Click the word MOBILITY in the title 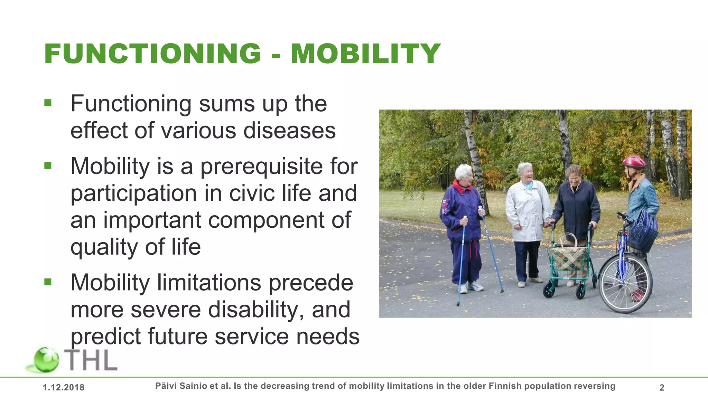(365, 54)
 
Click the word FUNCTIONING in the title (152, 54)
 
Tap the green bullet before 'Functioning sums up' (48, 103)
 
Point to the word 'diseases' (289, 131)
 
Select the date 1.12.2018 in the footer (64, 388)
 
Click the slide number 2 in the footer (662, 388)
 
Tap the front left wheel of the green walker (549, 290)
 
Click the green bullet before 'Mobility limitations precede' (48, 282)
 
